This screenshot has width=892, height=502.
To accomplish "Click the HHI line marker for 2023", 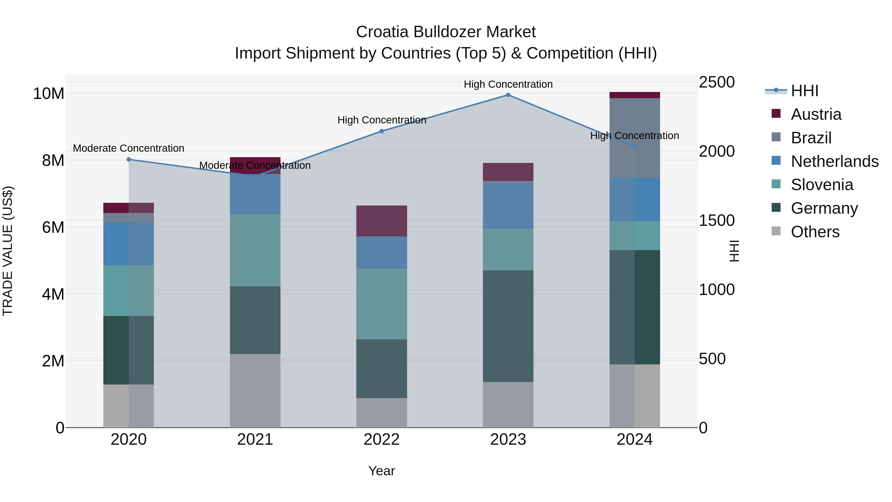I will click(x=508, y=95).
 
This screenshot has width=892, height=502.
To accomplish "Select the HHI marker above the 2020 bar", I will click(x=128, y=159).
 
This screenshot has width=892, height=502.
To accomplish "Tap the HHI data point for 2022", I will click(x=382, y=131).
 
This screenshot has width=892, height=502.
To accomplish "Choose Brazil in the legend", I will click(x=811, y=138).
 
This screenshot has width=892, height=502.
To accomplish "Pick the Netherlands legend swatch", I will click(x=776, y=161).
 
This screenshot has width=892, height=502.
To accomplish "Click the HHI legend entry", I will click(x=804, y=91).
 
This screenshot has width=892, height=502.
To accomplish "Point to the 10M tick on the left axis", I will click(x=49, y=93).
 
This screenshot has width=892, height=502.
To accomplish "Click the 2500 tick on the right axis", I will click(x=716, y=83).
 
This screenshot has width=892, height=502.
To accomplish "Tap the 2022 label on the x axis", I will click(x=382, y=440).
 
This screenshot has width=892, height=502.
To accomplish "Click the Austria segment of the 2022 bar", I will click(x=382, y=221).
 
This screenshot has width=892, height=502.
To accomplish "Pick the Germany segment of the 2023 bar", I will click(x=508, y=326).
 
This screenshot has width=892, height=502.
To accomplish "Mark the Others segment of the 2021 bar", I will click(x=255, y=390).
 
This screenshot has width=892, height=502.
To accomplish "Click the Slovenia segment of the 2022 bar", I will click(x=382, y=304).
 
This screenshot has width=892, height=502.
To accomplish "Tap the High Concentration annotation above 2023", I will click(x=508, y=84).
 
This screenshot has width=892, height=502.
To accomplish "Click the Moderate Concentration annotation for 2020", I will click(x=128, y=148).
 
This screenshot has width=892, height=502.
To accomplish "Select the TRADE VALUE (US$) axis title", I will click(x=8, y=251).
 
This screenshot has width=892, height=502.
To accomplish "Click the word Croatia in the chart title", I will click(x=382, y=32).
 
